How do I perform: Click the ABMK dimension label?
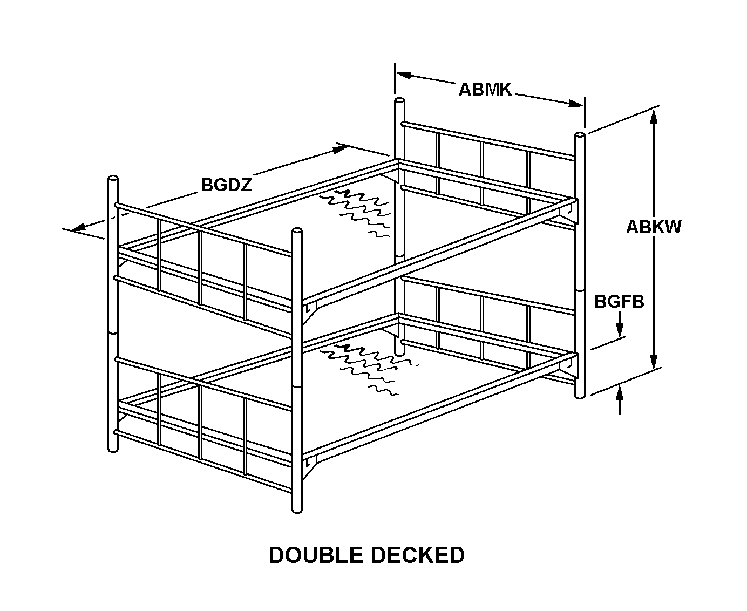tap(485, 89)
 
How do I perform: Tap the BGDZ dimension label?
tap(226, 185)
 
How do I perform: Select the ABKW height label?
tap(654, 227)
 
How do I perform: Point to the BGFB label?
tap(619, 301)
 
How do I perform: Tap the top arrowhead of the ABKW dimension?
tap(654, 114)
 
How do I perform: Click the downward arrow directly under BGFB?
tap(620, 330)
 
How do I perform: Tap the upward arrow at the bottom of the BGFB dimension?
tap(620, 394)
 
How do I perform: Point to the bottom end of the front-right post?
tap(296, 508)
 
